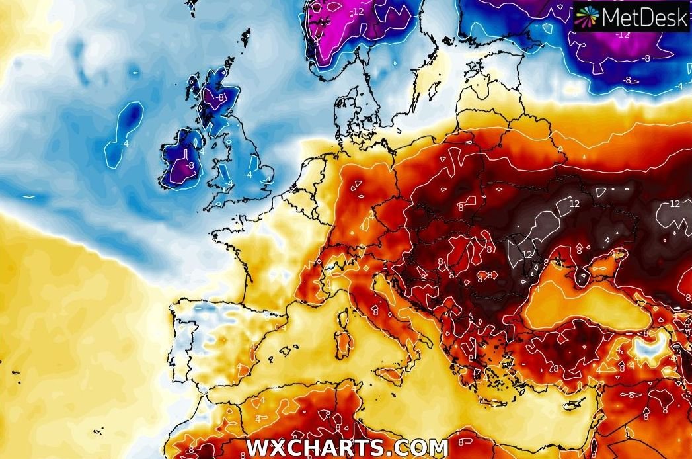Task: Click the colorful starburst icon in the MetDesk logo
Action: pyautogui.click(x=586, y=17)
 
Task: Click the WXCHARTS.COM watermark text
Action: pyautogui.click(x=346, y=447)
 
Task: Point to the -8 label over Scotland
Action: pyautogui.click(x=220, y=97)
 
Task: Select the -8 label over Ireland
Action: pyautogui.click(x=190, y=165)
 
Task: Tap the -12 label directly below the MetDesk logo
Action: pyautogui.click(x=623, y=34)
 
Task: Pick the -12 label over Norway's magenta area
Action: pyautogui.click(x=358, y=11)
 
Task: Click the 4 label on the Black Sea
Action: pyautogui.click(x=538, y=289)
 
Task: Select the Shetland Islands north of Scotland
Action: pyautogui.click(x=246, y=36)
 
